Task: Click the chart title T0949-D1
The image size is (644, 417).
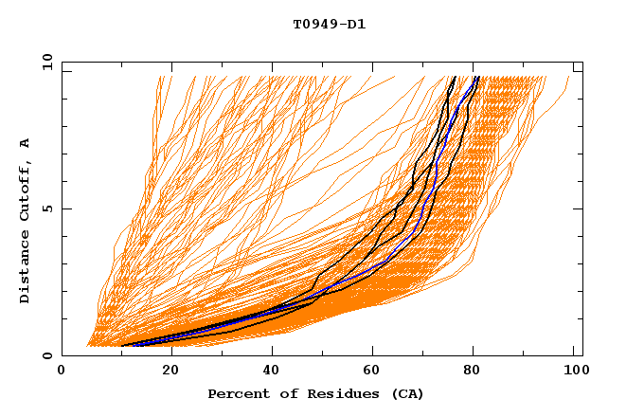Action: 329,25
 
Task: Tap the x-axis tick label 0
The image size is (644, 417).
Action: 62,372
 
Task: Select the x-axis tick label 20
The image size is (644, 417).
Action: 165,372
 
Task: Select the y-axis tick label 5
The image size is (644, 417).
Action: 49,208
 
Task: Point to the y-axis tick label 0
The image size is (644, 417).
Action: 49,355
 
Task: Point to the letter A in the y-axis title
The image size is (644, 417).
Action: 25,143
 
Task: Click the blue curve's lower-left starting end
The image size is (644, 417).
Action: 132,345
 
